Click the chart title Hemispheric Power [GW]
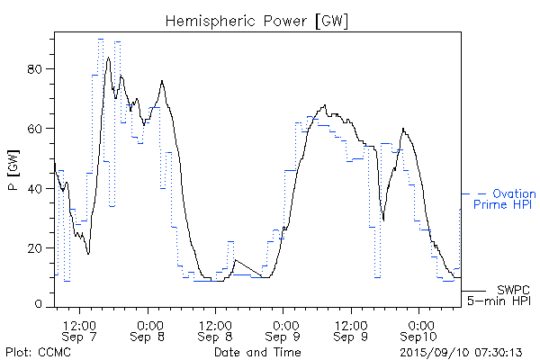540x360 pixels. pyautogui.click(x=257, y=19)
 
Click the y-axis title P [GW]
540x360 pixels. pyautogui.click(x=13, y=169)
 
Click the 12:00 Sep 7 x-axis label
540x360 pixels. pyautogui.click(x=81, y=329)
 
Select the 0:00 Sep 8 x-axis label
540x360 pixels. pyautogui.click(x=148, y=329)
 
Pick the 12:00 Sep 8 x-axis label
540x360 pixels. pyautogui.click(x=216, y=329)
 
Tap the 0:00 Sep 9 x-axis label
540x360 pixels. pyautogui.click(x=283, y=329)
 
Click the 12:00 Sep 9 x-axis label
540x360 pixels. pyautogui.click(x=351, y=329)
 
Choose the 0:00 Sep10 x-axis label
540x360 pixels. pyautogui.click(x=418, y=329)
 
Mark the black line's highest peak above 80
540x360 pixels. pyautogui.click(x=109, y=58)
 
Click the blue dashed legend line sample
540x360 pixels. pyautogui.click(x=475, y=193)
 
